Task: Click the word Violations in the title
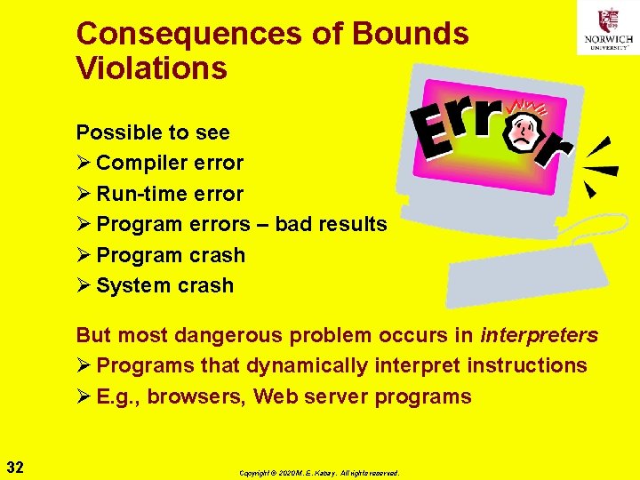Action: pyautogui.click(x=151, y=68)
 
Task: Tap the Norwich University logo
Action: pyautogui.click(x=608, y=28)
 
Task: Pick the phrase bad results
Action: pyautogui.click(x=331, y=224)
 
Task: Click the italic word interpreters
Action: pyautogui.click(x=539, y=335)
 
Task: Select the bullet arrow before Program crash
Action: pyautogui.click(x=84, y=255)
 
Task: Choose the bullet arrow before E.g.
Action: pyautogui.click(x=84, y=396)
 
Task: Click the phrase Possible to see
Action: pyautogui.click(x=152, y=132)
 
